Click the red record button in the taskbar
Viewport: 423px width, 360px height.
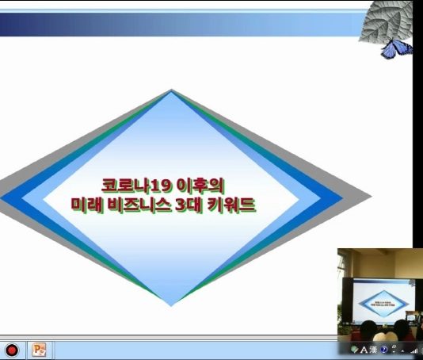[x=12, y=350]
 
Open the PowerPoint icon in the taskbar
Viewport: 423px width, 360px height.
[x=39, y=349]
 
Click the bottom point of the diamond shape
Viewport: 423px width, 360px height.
[x=172, y=305]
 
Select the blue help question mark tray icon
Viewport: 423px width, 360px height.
[x=383, y=350]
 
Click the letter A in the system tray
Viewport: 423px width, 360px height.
[x=364, y=350]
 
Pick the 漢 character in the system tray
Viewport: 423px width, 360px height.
[x=372, y=350]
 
